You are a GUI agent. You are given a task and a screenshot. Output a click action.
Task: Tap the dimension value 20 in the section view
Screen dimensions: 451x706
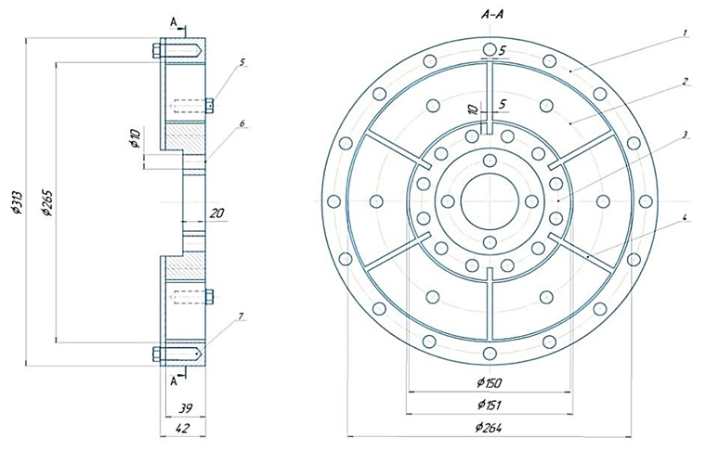point(216,214)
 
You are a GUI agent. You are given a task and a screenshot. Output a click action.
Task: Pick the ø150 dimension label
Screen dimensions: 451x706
point(489,384)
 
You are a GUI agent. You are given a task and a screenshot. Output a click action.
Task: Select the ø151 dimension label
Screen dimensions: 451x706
point(489,405)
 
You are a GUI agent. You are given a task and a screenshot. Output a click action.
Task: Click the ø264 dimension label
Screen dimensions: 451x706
point(489,427)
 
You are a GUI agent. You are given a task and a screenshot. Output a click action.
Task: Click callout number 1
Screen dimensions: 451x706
point(684,33)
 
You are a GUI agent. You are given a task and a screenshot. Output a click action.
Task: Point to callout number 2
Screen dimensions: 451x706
point(684,82)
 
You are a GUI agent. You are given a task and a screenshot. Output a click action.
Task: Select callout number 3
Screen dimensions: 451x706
point(684,135)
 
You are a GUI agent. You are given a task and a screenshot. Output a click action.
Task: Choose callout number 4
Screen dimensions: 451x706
point(684,219)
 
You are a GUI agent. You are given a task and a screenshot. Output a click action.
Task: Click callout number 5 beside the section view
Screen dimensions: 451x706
point(242,62)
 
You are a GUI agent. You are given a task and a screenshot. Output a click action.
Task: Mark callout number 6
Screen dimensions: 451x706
point(242,123)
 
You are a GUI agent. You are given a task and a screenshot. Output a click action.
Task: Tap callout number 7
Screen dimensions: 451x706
point(242,317)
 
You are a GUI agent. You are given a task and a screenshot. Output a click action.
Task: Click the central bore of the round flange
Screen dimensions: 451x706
point(489,201)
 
